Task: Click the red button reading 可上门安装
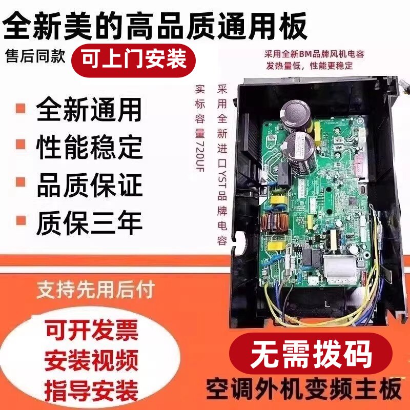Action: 136,59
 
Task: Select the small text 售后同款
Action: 35,56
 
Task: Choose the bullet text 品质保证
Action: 89,186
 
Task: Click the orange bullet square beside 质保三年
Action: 21,222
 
